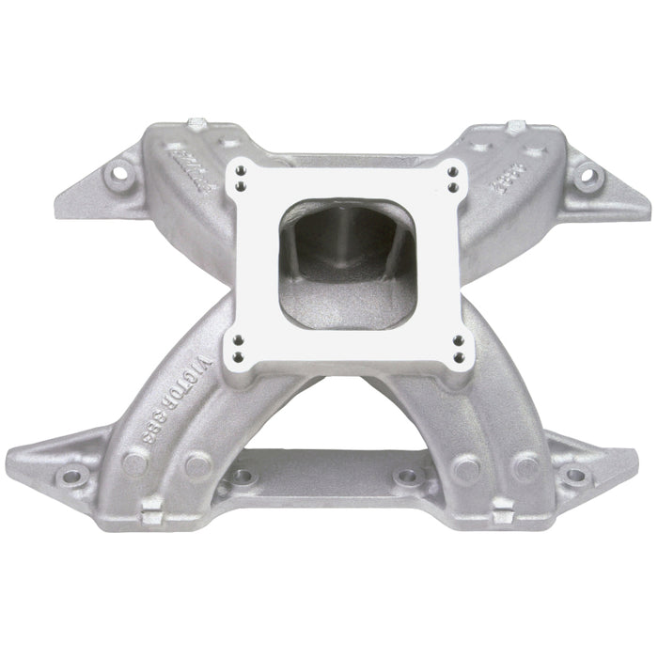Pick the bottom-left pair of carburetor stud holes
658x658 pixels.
[x=239, y=347]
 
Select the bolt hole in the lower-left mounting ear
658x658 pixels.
[x=69, y=477]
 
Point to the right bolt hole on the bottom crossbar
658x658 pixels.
[x=406, y=477]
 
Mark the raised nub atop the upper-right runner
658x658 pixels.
[x=516, y=126]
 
